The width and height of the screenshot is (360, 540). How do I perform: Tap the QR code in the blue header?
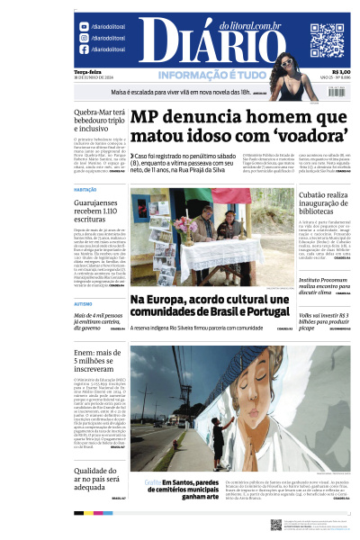coord(327,40)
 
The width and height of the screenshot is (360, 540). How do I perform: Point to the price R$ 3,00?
coord(341,72)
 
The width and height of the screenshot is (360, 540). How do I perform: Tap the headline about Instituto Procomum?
coord(324,287)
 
